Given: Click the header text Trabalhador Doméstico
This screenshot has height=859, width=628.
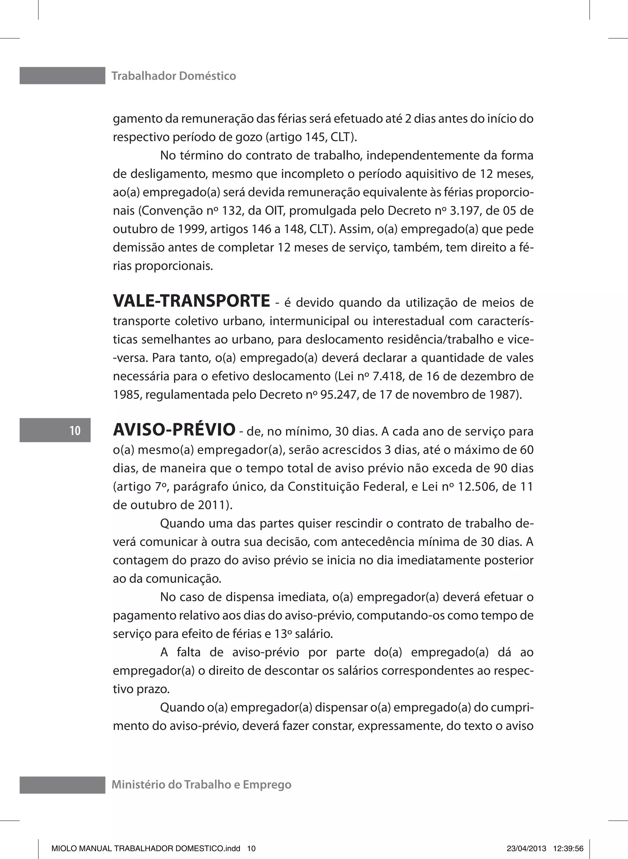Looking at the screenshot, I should [x=174, y=76].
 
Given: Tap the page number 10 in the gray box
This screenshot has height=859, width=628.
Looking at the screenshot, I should [x=75, y=430].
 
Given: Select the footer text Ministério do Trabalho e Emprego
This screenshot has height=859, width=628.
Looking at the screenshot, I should [x=201, y=784].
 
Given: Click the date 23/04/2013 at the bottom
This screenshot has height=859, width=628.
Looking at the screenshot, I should [x=527, y=848].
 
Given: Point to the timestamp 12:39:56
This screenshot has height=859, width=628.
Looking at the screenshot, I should [x=569, y=848].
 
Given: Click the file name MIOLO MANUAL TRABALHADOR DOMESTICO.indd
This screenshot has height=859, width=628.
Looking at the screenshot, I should [x=146, y=848].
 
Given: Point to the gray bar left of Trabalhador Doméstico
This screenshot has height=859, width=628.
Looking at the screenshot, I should [x=62, y=76].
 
